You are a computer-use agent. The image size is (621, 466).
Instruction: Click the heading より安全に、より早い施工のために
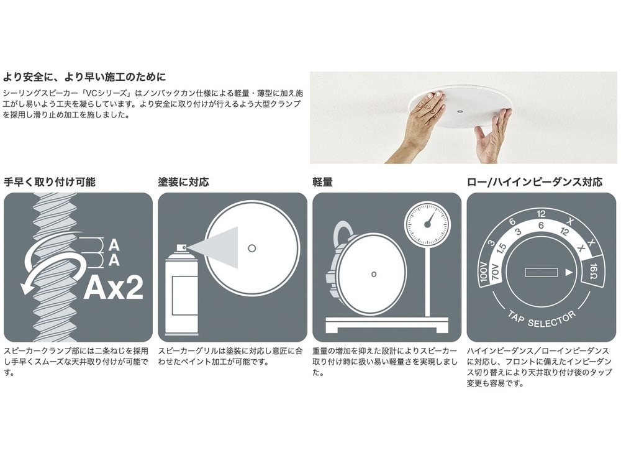(84, 78)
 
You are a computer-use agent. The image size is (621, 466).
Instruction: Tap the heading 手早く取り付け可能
(50, 182)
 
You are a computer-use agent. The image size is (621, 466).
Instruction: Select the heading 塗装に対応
(184, 182)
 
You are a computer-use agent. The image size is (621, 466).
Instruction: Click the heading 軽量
(322, 182)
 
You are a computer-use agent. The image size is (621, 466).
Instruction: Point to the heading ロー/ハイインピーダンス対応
(534, 182)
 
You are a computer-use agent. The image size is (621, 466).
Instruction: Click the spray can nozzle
(181, 248)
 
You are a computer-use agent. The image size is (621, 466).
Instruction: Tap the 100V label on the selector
(486, 272)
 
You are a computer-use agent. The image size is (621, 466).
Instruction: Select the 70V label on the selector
(497, 272)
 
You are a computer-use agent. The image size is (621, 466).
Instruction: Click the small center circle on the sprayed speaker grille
(252, 247)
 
